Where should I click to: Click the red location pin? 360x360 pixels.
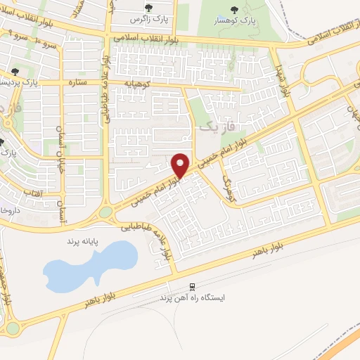pos(181,165)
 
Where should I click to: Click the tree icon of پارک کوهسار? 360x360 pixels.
pos(233,10)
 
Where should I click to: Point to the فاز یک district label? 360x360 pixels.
pos(214,127)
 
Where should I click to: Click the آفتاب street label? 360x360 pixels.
pos(33,192)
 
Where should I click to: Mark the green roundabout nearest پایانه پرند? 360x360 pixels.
pos(105,212)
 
